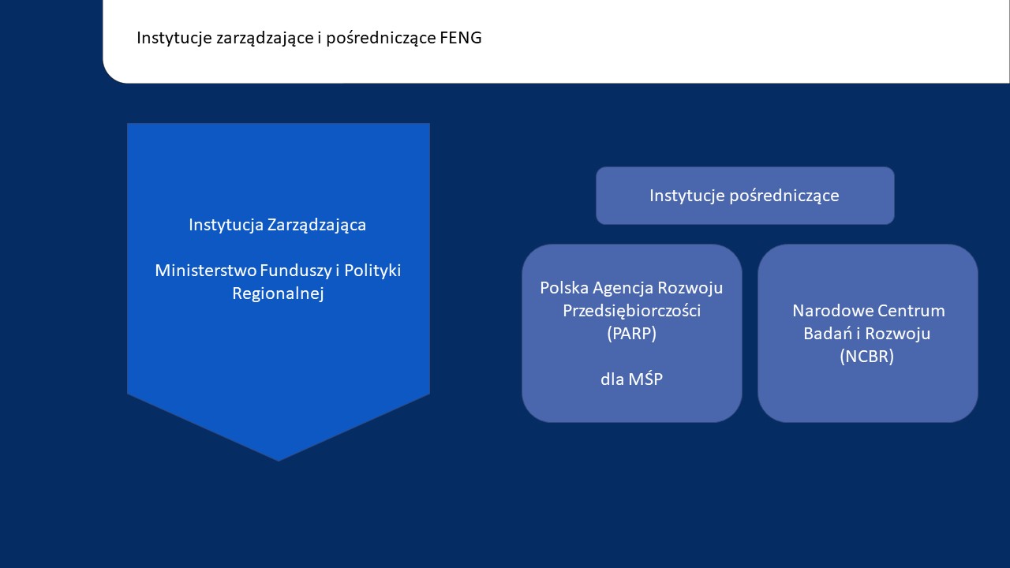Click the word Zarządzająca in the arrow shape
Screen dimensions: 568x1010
[316, 225]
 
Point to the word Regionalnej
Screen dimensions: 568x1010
[278, 293]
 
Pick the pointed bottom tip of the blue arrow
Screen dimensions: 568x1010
[279, 459]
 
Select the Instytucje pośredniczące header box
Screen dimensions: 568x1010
[744, 196]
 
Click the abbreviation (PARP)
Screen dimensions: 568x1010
[631, 334]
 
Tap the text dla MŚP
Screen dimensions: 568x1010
[631, 379]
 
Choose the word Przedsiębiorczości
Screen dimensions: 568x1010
[631, 311]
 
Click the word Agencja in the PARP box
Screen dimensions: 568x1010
[620, 288]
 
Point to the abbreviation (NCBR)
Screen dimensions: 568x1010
[867, 357]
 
